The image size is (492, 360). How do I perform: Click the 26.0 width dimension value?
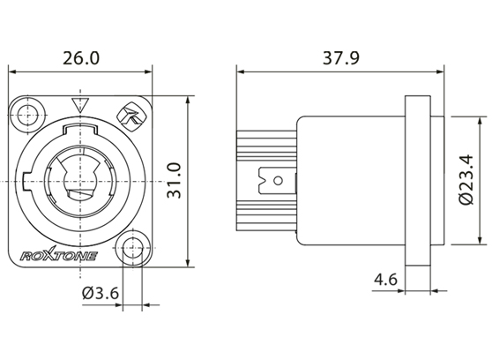point(79,59)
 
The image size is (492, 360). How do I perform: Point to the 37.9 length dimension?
point(339,59)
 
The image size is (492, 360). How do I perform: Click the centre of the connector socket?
point(82,180)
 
